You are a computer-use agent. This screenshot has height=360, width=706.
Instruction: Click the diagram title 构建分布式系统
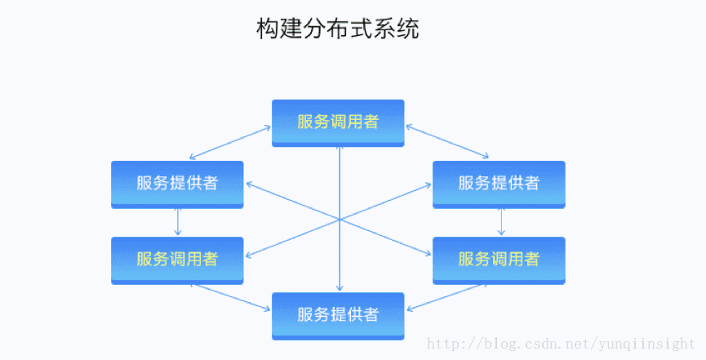(338, 29)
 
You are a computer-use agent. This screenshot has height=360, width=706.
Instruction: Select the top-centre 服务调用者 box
(338, 122)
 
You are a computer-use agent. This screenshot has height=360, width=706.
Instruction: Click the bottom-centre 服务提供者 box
(338, 315)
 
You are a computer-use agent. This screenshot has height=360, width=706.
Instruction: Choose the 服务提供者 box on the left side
(177, 184)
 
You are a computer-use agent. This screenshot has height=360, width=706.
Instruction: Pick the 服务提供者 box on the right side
(499, 184)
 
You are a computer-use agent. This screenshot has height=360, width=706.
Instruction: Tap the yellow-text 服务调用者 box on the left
(177, 260)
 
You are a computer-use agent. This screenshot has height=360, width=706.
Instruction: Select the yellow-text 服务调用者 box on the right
(499, 260)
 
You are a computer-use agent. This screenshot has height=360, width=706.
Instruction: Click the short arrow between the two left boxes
(177, 222)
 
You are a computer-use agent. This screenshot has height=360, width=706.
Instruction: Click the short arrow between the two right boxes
(501, 222)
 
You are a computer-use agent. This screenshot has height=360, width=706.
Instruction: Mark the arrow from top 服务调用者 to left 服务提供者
(230, 142)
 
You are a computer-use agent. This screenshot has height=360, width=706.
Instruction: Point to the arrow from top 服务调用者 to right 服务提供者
(446, 142)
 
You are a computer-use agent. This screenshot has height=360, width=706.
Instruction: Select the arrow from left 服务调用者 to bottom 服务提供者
(230, 297)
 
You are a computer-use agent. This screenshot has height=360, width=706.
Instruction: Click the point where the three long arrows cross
(339, 219)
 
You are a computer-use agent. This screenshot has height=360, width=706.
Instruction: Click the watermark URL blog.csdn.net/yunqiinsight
(562, 344)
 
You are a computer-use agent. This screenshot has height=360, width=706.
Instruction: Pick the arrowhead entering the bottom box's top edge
(339, 289)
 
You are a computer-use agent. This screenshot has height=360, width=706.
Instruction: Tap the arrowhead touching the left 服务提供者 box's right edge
(247, 185)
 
